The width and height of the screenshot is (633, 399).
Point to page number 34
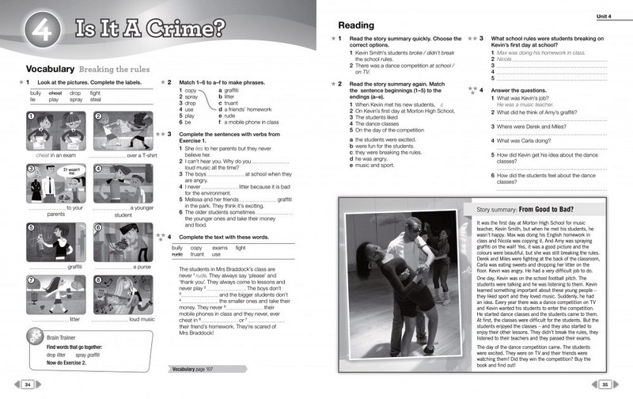[x=28, y=384]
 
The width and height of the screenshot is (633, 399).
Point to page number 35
[x=605, y=384]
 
